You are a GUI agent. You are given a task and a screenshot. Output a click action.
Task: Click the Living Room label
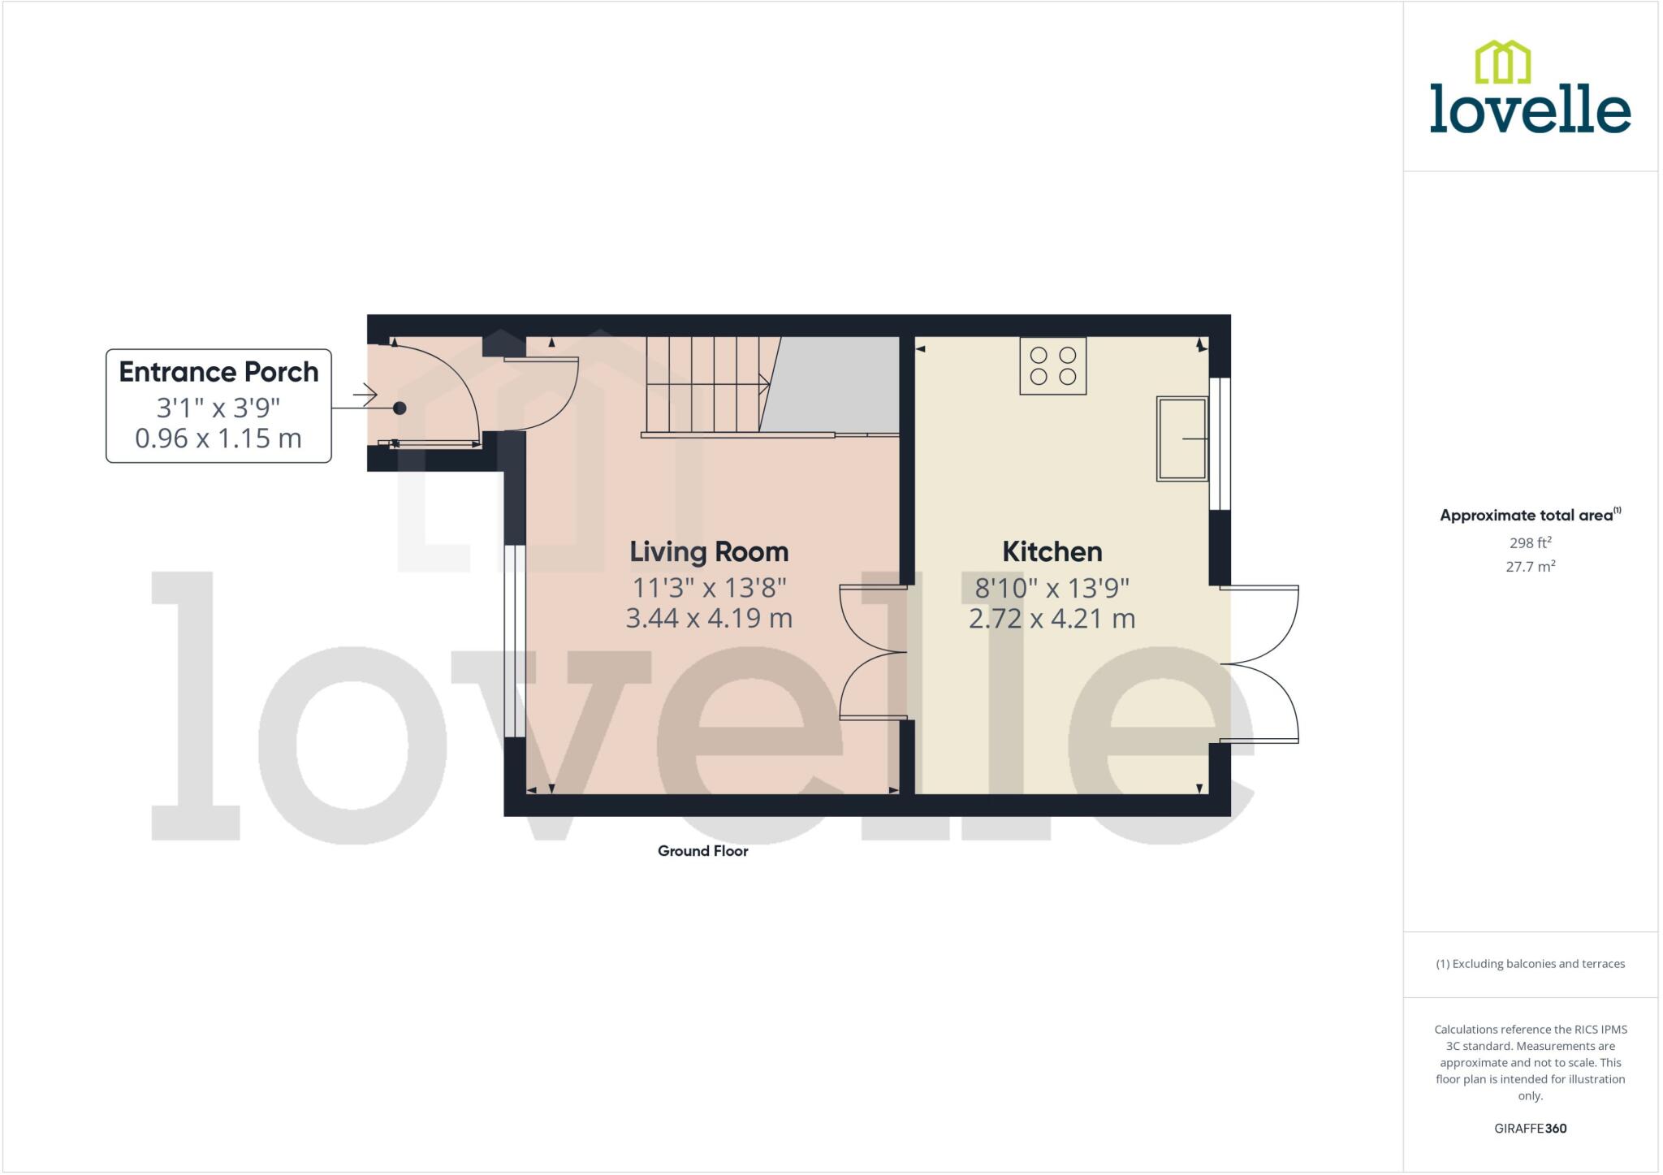709,552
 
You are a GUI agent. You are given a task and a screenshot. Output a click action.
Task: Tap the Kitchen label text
1052,552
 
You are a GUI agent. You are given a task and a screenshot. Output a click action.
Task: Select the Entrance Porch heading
218,372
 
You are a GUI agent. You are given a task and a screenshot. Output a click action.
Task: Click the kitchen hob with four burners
1052,366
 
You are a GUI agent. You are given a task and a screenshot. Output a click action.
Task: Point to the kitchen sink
1181,438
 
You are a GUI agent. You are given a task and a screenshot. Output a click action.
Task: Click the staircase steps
703,385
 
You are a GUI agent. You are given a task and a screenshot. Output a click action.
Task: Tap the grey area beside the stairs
836,387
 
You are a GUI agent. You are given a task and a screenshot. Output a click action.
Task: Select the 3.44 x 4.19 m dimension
709,619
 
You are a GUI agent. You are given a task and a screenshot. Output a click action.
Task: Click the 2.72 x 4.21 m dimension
1052,620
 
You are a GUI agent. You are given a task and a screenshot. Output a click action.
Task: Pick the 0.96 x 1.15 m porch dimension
218,438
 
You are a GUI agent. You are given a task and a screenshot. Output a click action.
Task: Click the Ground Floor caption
702,851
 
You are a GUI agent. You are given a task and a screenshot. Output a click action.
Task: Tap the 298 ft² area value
1530,543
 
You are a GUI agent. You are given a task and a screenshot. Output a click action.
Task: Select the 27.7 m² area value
1530,567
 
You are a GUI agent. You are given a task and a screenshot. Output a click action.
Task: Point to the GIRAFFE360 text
1530,1129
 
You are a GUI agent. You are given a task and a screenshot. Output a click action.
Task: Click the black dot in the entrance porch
400,408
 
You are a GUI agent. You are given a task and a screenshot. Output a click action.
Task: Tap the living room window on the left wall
514,641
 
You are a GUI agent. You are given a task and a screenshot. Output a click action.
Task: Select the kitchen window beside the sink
1220,443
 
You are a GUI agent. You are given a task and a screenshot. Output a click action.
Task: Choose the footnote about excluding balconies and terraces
1530,964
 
